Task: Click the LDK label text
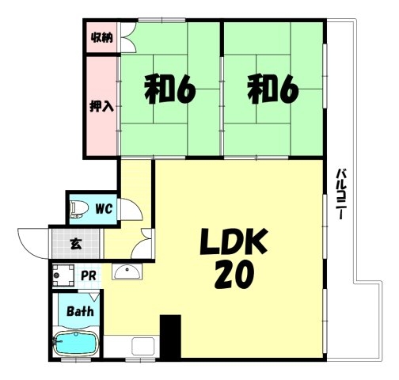tap(234, 241)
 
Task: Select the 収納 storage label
tap(102, 38)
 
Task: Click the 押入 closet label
tap(101, 106)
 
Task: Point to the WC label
tap(104, 209)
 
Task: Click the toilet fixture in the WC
tap(79, 210)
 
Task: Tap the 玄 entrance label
tap(75, 244)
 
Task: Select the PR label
tap(88, 275)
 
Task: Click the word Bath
tap(80, 311)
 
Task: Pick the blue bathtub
tap(76, 343)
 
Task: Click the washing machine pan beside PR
tap(63, 275)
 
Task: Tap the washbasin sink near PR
tap(127, 272)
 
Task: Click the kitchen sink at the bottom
tap(143, 346)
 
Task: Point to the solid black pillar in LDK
tap(170, 336)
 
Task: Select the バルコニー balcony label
tap(341, 193)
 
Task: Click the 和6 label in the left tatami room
tap(170, 89)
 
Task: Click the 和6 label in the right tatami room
tap(273, 89)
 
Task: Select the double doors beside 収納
tap(129, 37)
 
